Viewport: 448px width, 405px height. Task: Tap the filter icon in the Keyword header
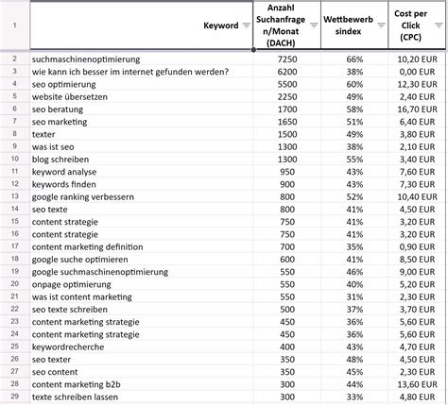coord(247,25)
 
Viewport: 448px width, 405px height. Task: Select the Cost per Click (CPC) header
coord(416,25)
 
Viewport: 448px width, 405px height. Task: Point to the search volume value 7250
coord(286,59)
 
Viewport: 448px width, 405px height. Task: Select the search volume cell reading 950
coord(287,172)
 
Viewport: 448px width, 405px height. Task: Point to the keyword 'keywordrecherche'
coord(68,346)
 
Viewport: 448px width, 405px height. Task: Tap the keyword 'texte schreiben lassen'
coord(77,396)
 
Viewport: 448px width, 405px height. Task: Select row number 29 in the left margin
coord(14,396)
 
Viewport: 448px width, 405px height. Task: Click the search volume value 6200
coord(286,72)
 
